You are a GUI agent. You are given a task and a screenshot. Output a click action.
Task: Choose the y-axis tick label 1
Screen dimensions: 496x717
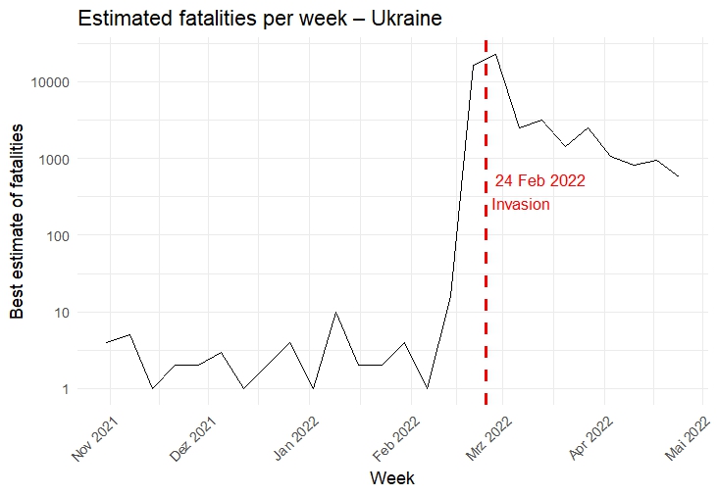pyautogui.click(x=64, y=389)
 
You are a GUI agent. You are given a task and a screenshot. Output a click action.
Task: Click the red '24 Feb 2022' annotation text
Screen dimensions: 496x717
pyautogui.click(x=539, y=181)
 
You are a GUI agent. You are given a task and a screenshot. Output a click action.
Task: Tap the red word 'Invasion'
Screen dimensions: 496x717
pyautogui.click(x=521, y=205)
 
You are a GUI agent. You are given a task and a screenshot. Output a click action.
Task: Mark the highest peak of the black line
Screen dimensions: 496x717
pyautogui.click(x=496, y=55)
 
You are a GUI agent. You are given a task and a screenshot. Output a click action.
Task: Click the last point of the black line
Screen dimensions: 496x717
pyautogui.click(x=679, y=176)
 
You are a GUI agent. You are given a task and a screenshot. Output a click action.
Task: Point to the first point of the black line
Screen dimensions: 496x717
pyautogui.click(x=106, y=342)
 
